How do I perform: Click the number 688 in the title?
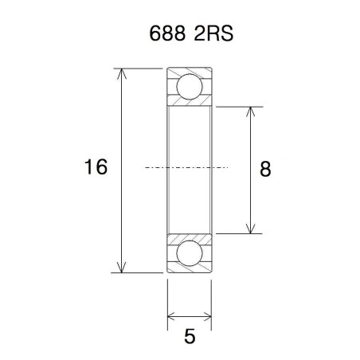coord(165,36)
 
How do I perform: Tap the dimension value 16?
coord(96,167)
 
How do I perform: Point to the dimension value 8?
coord(265,168)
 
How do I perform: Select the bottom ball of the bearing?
coord(190,254)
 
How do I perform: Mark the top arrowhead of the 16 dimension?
coord(122,73)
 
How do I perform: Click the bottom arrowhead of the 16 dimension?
coord(122,268)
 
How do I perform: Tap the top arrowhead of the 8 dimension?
coord(251,111)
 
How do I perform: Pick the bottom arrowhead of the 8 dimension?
coord(251,229)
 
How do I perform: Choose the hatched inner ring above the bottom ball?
coord(190,237)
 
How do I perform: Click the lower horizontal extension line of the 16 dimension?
coord(139,273)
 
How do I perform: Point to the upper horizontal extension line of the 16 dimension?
coord(139,68)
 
